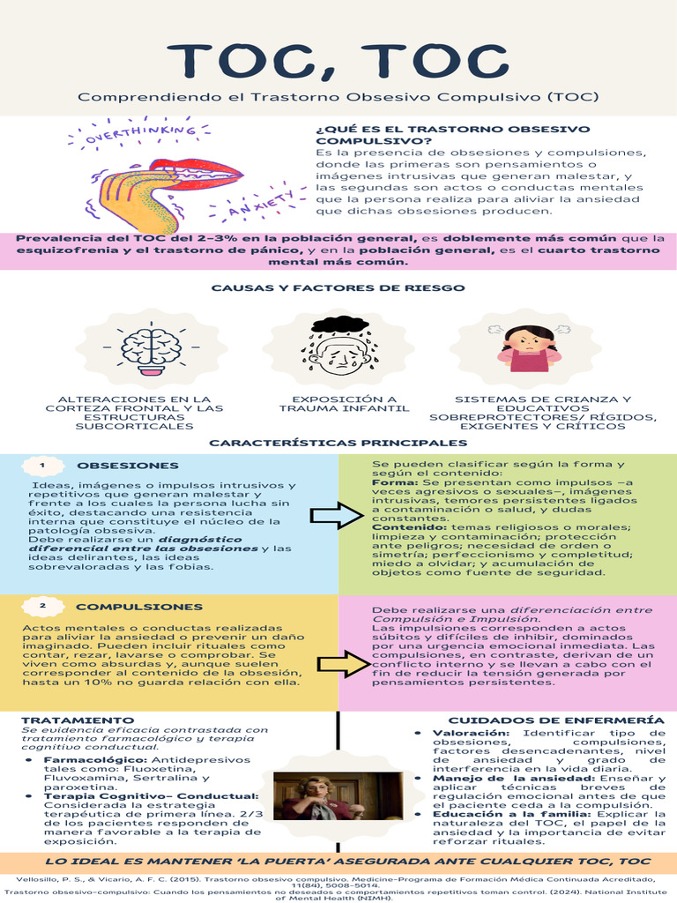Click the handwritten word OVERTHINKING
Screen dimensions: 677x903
tap(139, 135)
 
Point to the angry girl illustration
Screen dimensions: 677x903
tap(529, 348)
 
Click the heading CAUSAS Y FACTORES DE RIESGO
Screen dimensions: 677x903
tap(338, 288)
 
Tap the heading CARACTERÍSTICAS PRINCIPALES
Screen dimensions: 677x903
tap(338, 443)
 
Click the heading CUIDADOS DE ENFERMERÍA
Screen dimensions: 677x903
tap(550, 720)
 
